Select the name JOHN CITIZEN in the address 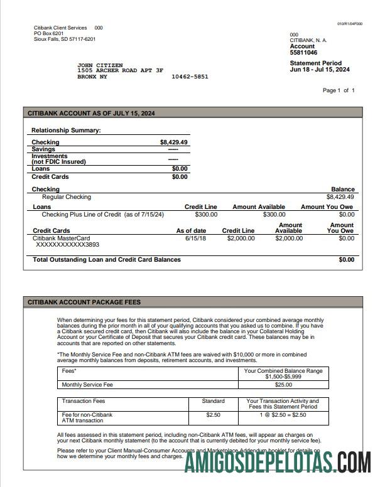coord(100,65)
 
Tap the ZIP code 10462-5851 coord(190,77)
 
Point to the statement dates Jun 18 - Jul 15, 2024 coord(320,70)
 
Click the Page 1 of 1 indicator coord(339,90)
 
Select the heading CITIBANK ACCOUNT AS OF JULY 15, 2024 coord(92,114)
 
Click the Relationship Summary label coord(66,131)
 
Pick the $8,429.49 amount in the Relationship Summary coord(174,142)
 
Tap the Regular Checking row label coord(66,197)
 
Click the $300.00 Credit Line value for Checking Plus coord(205,215)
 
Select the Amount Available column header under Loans coord(258,206)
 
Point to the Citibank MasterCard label coord(61,238)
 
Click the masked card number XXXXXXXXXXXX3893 coord(68,245)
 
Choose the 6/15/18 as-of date coord(195,238)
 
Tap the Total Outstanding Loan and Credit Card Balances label coord(107,259)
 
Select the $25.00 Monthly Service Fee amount coord(283,385)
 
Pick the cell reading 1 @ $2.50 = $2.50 coord(283,415)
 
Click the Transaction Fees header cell coord(84,401)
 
